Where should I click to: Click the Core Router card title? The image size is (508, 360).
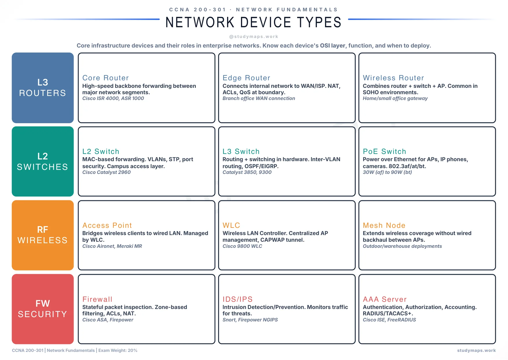pos(105,78)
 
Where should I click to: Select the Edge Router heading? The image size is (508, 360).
pos(246,78)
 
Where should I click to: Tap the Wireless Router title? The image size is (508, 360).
pos(393,78)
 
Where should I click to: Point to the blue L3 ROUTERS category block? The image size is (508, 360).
pos(43,88)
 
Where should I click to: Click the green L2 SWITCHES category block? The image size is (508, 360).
pos(43,161)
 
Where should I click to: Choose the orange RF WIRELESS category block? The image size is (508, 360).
pos(43,235)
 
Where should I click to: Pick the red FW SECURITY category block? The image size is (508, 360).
pos(43,309)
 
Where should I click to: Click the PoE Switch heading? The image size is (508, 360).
pos(384,152)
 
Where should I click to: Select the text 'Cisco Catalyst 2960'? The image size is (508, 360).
pos(106,172)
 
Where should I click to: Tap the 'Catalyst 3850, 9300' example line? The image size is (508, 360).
pos(247,172)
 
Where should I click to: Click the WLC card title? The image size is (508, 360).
pos(231,226)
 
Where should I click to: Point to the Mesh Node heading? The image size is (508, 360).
pos(384,226)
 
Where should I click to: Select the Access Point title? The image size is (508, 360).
pos(107,226)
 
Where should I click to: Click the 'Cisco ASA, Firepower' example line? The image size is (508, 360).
pos(108,320)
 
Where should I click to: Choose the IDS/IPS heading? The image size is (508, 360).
pos(237,299)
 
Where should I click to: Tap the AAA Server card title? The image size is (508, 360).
pos(385,299)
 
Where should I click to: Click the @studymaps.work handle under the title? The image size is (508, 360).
pos(254,37)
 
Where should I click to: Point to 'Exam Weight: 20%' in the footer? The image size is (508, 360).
pos(118,350)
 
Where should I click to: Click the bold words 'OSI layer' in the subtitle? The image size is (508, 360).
pos(332,46)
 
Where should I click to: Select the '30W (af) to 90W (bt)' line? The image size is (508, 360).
pos(387,172)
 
